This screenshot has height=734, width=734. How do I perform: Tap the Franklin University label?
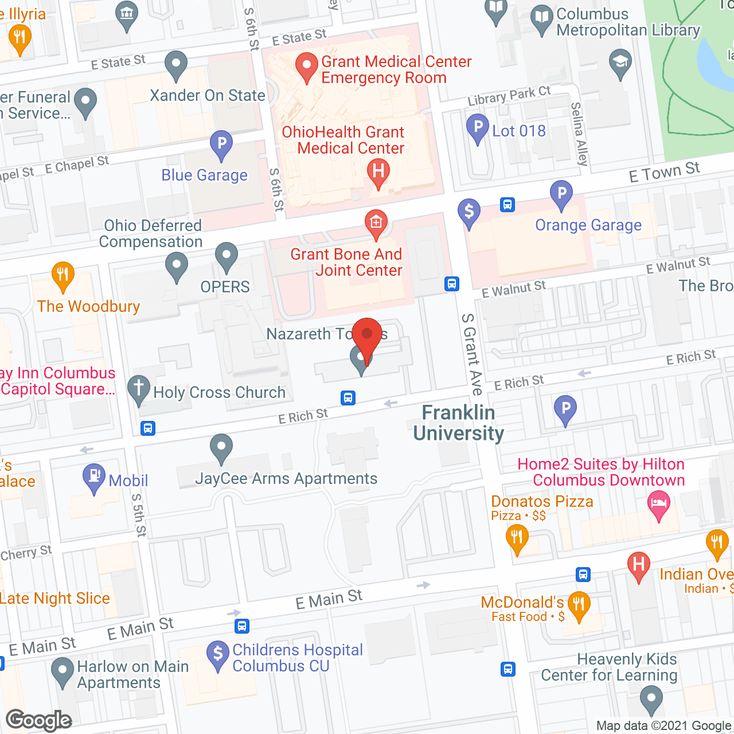(x=458, y=423)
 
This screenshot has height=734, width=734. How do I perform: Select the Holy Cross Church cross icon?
(x=138, y=389)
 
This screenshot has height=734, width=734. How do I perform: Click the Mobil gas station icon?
(x=94, y=477)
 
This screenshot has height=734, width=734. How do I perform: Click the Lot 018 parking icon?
(x=477, y=128)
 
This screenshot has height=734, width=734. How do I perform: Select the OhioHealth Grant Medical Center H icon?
(x=378, y=172)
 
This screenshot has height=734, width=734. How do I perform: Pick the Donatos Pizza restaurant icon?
(x=517, y=539)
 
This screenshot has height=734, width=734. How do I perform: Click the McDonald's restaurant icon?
(x=579, y=605)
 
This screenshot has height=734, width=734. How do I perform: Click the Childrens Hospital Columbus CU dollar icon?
(x=218, y=655)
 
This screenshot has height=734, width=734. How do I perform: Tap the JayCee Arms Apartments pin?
(x=221, y=448)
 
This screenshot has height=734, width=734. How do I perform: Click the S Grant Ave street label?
(x=472, y=354)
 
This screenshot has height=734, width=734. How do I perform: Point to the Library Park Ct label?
(x=509, y=96)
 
